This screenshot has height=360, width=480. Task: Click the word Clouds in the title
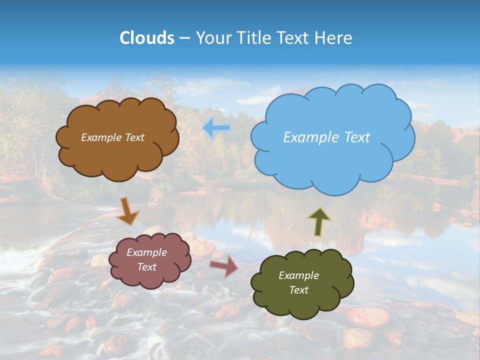147,38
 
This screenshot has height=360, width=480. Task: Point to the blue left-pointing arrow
216,128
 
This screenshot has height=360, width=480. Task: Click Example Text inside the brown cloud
112,137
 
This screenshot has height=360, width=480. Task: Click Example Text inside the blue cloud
326,137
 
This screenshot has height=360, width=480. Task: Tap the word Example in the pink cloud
146,252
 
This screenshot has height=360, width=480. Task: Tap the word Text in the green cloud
298,290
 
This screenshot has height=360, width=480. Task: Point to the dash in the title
184,38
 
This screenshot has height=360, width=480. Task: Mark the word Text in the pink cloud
146,267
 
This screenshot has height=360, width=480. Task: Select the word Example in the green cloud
298,275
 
